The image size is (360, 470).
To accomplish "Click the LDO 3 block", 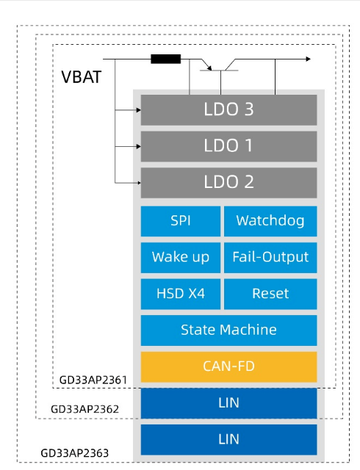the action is (x=228, y=109).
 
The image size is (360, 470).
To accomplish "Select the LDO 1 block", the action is (x=228, y=146).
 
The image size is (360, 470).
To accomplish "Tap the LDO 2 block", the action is (x=228, y=183).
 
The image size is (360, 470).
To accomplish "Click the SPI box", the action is (x=181, y=221).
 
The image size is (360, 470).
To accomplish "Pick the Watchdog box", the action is (x=270, y=221).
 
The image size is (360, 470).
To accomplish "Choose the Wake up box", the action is (x=181, y=258).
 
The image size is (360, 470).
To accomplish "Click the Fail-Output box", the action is (x=270, y=258).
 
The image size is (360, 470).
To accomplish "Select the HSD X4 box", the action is (x=181, y=294).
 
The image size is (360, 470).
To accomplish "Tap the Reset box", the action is (x=270, y=294).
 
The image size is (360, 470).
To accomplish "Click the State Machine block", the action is (x=228, y=330).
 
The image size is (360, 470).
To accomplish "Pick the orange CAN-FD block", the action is (x=228, y=367).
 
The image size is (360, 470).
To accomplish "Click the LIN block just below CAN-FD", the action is (x=228, y=403).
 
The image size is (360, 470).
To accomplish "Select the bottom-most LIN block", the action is (x=228, y=440).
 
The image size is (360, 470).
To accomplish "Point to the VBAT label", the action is (x=82, y=77).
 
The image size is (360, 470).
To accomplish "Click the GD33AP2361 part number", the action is (x=93, y=380).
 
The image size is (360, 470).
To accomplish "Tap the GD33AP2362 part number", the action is (x=85, y=409).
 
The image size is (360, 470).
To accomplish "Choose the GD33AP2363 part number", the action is (x=75, y=453).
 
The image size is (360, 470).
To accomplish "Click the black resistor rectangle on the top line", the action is (x=166, y=59).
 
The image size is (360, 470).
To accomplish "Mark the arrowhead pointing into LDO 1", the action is (x=139, y=146).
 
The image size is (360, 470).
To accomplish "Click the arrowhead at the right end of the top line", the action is (x=308, y=59).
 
